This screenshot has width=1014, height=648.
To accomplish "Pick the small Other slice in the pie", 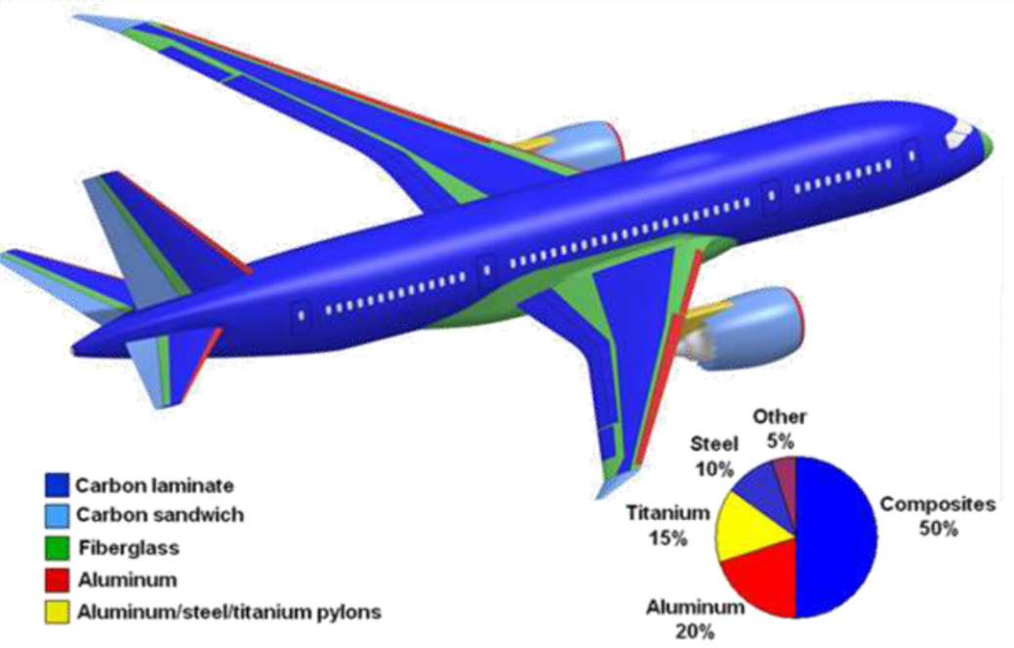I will tap(787, 472).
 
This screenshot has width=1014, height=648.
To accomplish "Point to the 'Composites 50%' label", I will tap(938, 516).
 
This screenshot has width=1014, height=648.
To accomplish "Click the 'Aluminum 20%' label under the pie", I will tap(694, 619).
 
